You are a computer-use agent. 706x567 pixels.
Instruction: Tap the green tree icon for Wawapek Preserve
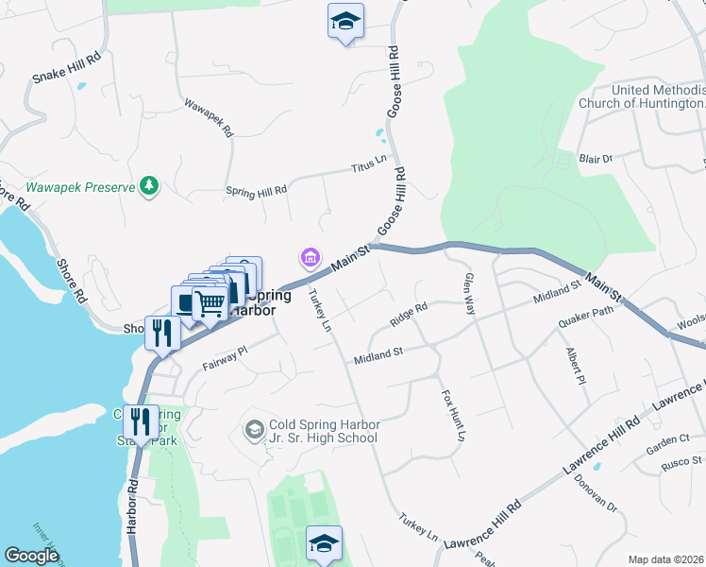[x=148, y=187]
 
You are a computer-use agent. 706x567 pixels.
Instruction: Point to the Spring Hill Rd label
[x=256, y=191]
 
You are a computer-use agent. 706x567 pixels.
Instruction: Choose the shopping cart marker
[x=208, y=303]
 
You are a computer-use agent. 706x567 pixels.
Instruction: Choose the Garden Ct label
[x=668, y=440]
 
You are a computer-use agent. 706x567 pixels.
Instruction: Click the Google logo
[x=31, y=556]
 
